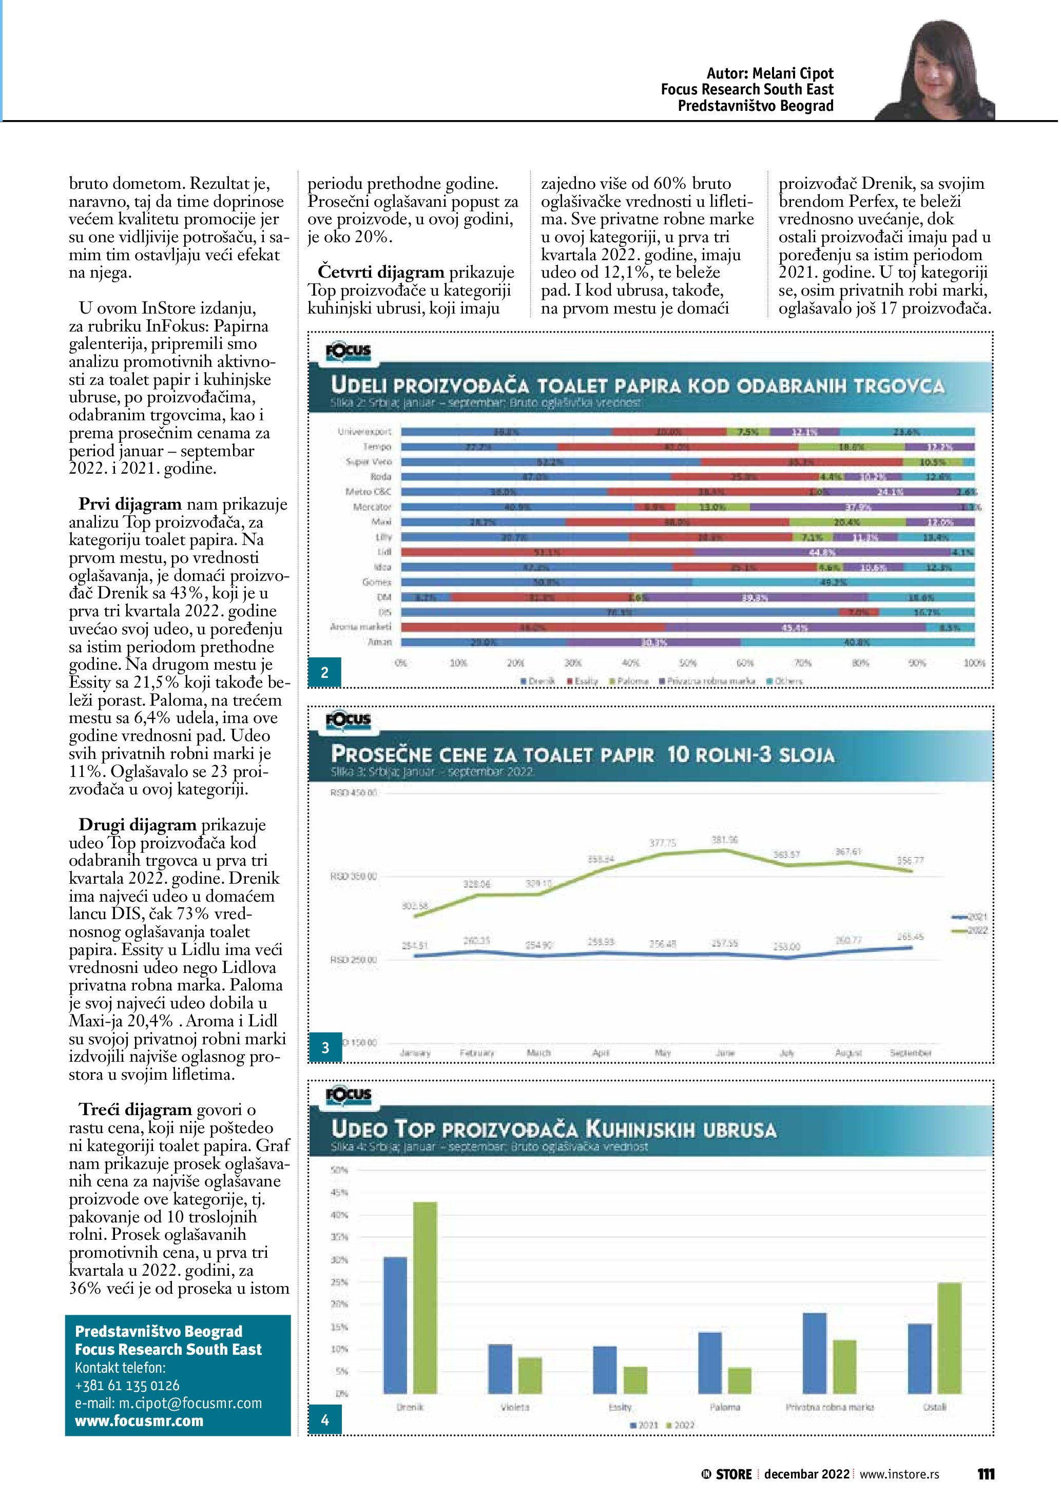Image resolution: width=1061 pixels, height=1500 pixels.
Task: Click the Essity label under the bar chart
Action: (x=620, y=1407)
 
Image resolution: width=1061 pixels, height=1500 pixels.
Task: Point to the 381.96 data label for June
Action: (x=725, y=840)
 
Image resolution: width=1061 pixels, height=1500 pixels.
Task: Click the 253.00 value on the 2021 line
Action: (x=786, y=947)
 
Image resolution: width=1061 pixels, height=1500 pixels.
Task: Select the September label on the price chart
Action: (x=910, y=1053)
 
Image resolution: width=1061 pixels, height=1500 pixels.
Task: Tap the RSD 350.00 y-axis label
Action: (x=354, y=876)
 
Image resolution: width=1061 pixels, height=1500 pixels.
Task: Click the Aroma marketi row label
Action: (x=361, y=627)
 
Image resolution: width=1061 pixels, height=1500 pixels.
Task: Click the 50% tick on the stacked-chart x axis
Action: (x=688, y=663)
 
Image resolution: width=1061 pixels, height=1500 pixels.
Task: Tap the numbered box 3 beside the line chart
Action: (x=325, y=1047)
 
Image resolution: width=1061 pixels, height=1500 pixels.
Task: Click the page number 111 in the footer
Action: (x=986, y=1474)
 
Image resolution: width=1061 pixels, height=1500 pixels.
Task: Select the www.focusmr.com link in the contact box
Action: (x=139, y=1420)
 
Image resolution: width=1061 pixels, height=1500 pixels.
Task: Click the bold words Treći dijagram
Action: (x=135, y=1109)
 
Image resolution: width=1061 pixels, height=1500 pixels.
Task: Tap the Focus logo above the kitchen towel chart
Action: (x=348, y=1095)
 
